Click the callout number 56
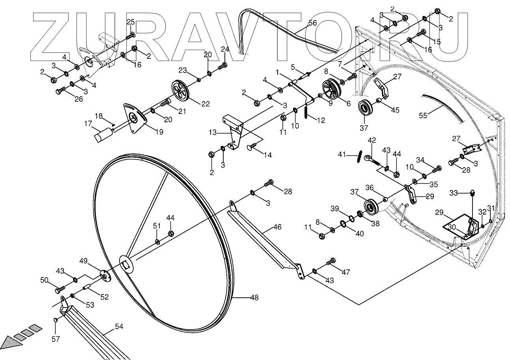pyautogui.click(x=312, y=23)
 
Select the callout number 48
pyautogui.click(x=254, y=298)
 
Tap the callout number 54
pyautogui.click(x=119, y=327)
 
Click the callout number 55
pyautogui.click(x=423, y=116)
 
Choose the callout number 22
pyautogui.click(x=205, y=104)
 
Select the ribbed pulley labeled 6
pyautogui.click(x=331, y=89)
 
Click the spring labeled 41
pyautogui.click(x=358, y=156)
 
